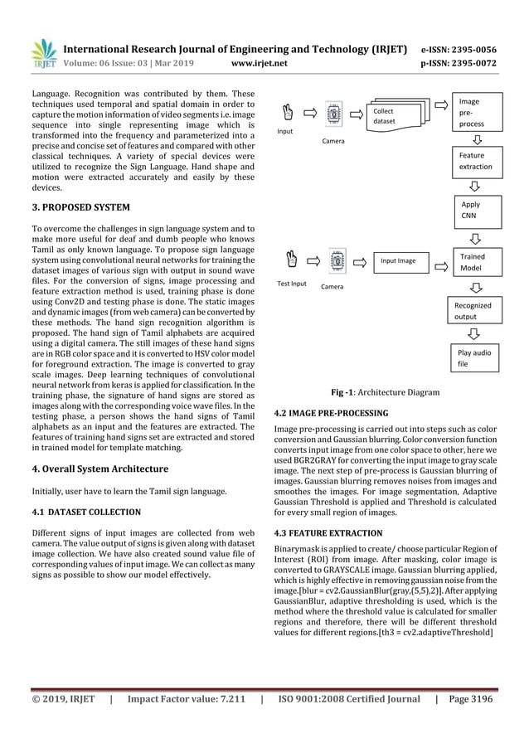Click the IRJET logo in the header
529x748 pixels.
click(x=44, y=51)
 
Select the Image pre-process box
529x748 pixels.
click(x=473, y=113)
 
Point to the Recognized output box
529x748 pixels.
click(x=473, y=310)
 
